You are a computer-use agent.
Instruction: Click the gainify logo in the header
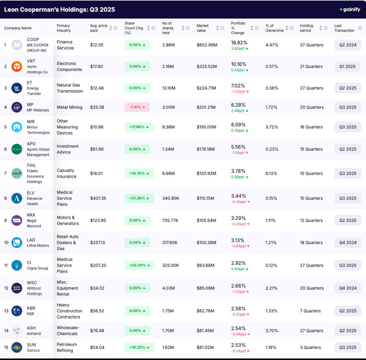click(x=350, y=9)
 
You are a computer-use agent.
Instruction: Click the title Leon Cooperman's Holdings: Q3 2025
click(x=60, y=10)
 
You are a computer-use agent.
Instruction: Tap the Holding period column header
click(x=306, y=28)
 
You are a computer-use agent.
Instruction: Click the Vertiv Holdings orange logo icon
click(x=16, y=66)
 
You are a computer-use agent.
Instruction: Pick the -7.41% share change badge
click(x=137, y=107)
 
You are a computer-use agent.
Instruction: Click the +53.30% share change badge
click(x=139, y=265)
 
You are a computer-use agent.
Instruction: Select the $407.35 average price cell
click(x=98, y=198)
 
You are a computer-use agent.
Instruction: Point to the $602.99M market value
click(x=207, y=45)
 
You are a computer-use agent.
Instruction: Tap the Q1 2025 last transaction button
click(x=348, y=66)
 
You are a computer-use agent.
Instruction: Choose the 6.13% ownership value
click(x=272, y=173)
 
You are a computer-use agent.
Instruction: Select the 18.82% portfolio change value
click(x=239, y=42)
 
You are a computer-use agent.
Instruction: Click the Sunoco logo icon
click(x=16, y=347)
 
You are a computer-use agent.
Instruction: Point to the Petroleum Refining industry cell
click(x=67, y=347)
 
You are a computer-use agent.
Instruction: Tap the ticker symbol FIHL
click(x=31, y=166)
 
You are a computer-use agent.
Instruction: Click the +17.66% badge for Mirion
click(x=139, y=127)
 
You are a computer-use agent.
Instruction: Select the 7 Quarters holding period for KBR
click(x=310, y=311)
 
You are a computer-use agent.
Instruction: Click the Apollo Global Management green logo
click(x=16, y=149)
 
